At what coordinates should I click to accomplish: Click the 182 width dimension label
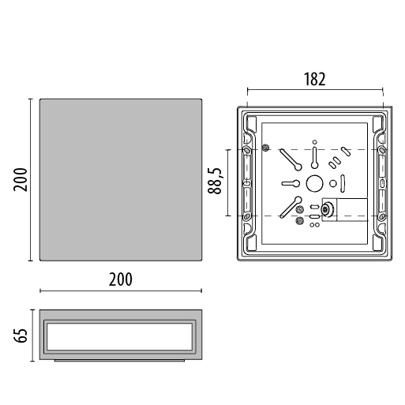(315, 79)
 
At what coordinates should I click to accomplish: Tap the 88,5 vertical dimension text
(215, 181)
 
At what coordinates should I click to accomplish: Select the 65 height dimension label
(21, 336)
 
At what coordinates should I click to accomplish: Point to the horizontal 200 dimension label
(121, 279)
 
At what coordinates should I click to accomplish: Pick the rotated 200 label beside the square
(21, 180)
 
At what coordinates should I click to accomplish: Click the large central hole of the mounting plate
(314, 183)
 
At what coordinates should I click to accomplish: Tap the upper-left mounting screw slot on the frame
(247, 150)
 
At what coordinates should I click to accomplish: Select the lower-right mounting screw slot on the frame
(382, 216)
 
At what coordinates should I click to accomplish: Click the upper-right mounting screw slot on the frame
(382, 150)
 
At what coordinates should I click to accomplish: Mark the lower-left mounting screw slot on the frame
(247, 216)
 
